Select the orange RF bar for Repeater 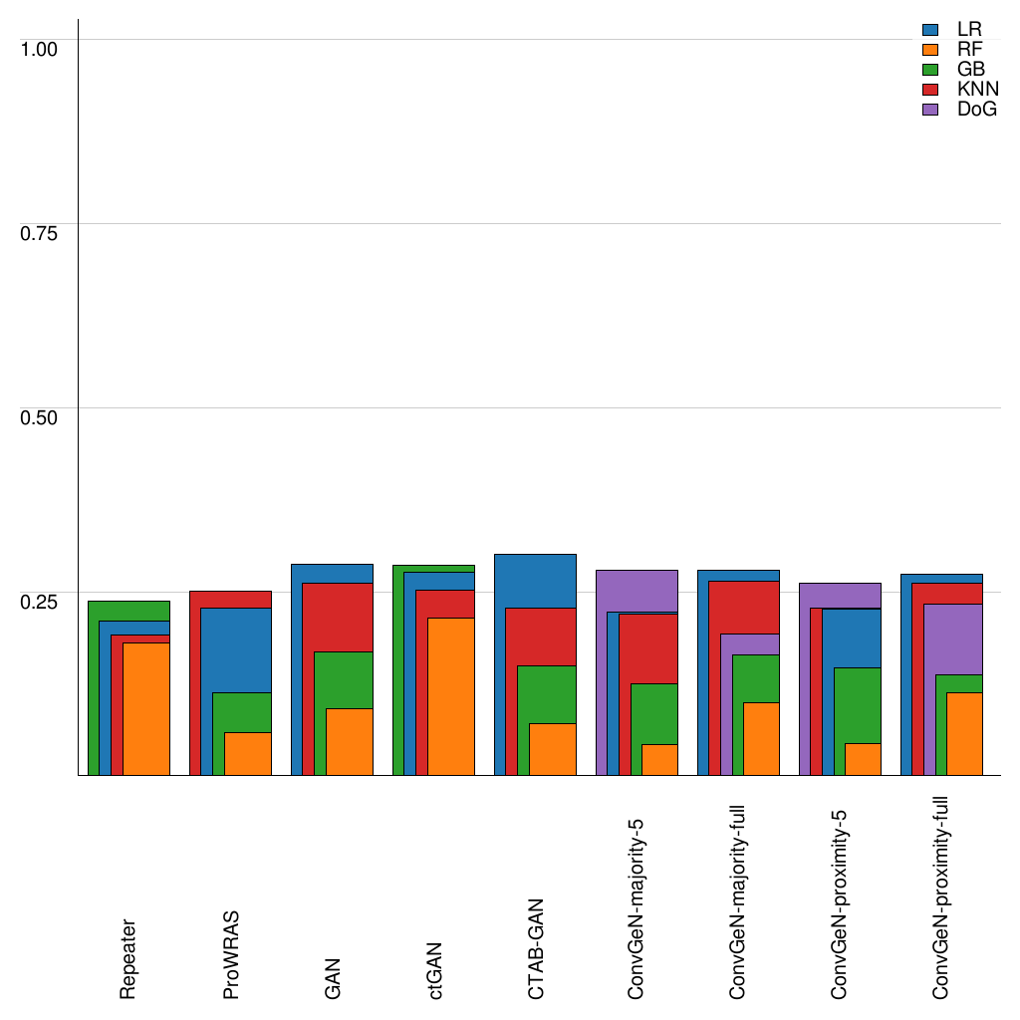click(x=146, y=708)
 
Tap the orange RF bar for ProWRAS click(x=248, y=753)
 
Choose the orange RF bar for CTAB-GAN click(x=553, y=749)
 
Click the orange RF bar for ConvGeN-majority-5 click(x=659, y=759)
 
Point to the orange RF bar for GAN click(x=350, y=741)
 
